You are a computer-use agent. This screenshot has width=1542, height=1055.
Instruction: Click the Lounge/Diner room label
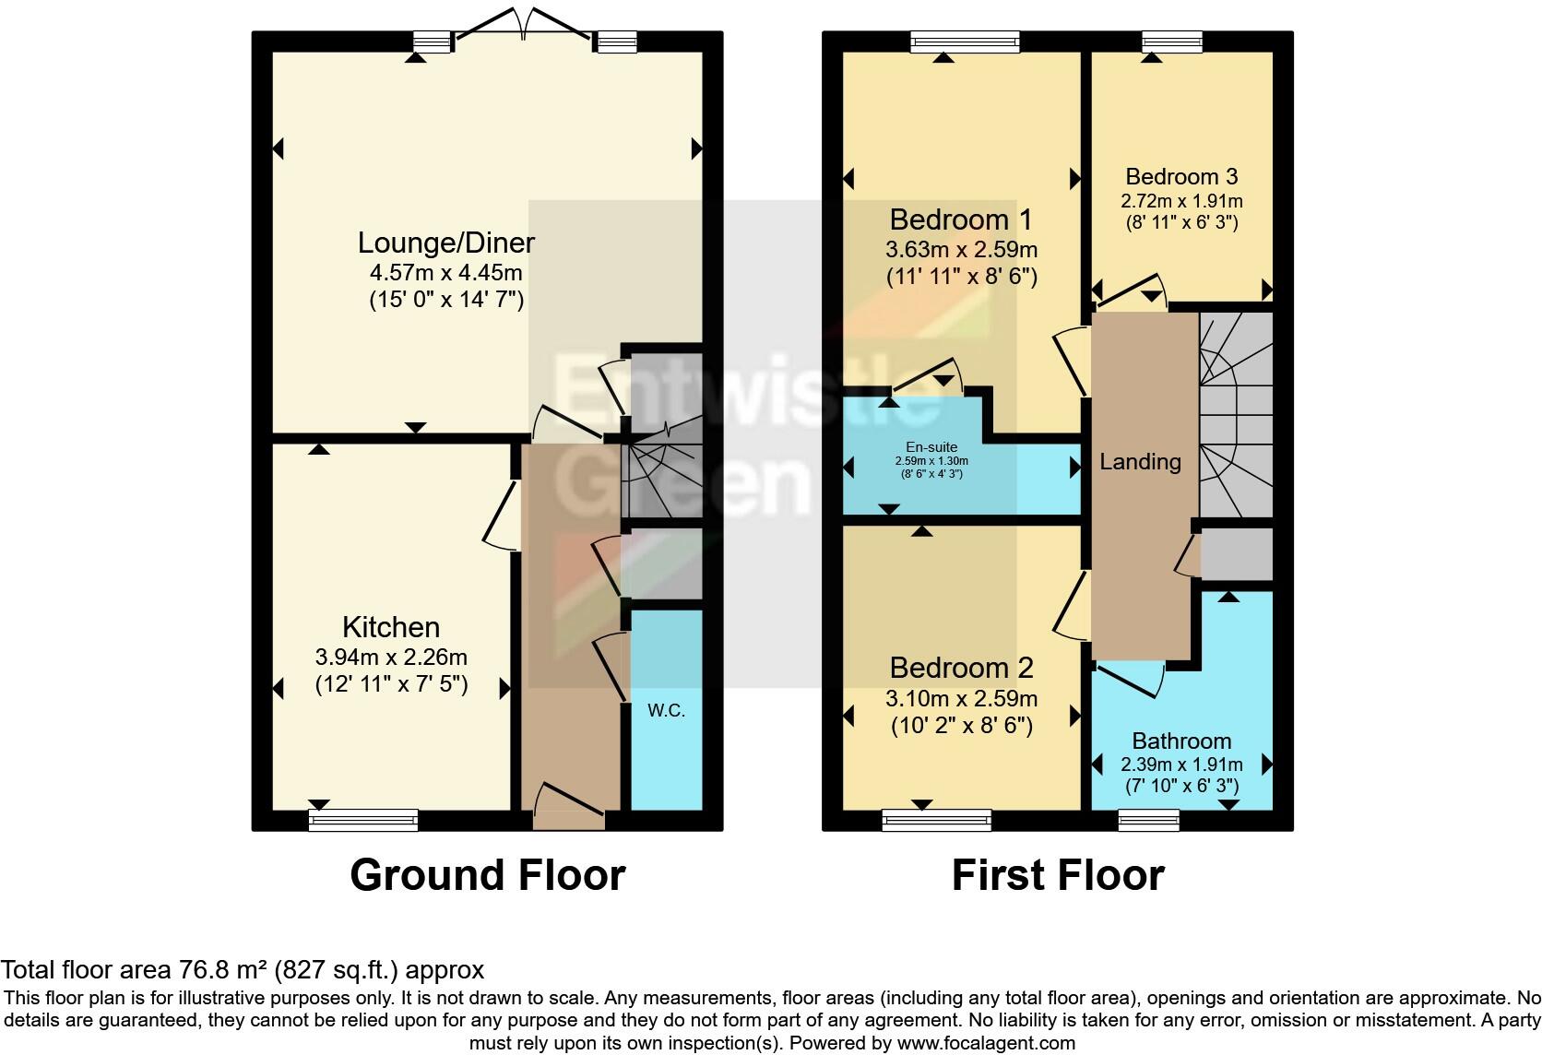point(446,243)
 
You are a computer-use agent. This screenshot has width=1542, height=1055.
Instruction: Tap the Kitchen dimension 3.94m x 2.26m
point(391,658)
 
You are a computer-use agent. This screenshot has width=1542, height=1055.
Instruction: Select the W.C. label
point(666,711)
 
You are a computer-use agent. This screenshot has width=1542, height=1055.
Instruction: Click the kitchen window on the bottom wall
point(363,819)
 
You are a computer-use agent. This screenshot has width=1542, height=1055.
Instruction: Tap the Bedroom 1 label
point(961,219)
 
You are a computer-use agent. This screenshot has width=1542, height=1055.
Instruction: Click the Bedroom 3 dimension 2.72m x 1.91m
point(1181,201)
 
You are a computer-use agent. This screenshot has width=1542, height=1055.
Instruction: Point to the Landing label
point(1140,461)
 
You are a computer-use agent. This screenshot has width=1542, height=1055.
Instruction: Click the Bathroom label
point(1181,741)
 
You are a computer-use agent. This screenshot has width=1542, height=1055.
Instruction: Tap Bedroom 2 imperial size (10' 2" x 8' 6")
point(961,726)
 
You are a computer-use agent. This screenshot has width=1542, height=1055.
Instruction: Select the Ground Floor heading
point(487,874)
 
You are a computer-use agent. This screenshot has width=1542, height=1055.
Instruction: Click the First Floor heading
point(1058,874)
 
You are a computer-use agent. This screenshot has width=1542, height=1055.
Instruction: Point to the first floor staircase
point(1236,415)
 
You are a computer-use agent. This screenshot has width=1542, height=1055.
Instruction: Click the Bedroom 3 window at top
point(1171,41)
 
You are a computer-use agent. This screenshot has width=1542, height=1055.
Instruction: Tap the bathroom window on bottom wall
point(1148,819)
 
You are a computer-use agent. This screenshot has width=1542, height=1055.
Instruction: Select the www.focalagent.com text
point(986,1043)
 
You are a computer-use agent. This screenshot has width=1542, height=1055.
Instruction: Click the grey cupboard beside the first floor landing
point(1237,553)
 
